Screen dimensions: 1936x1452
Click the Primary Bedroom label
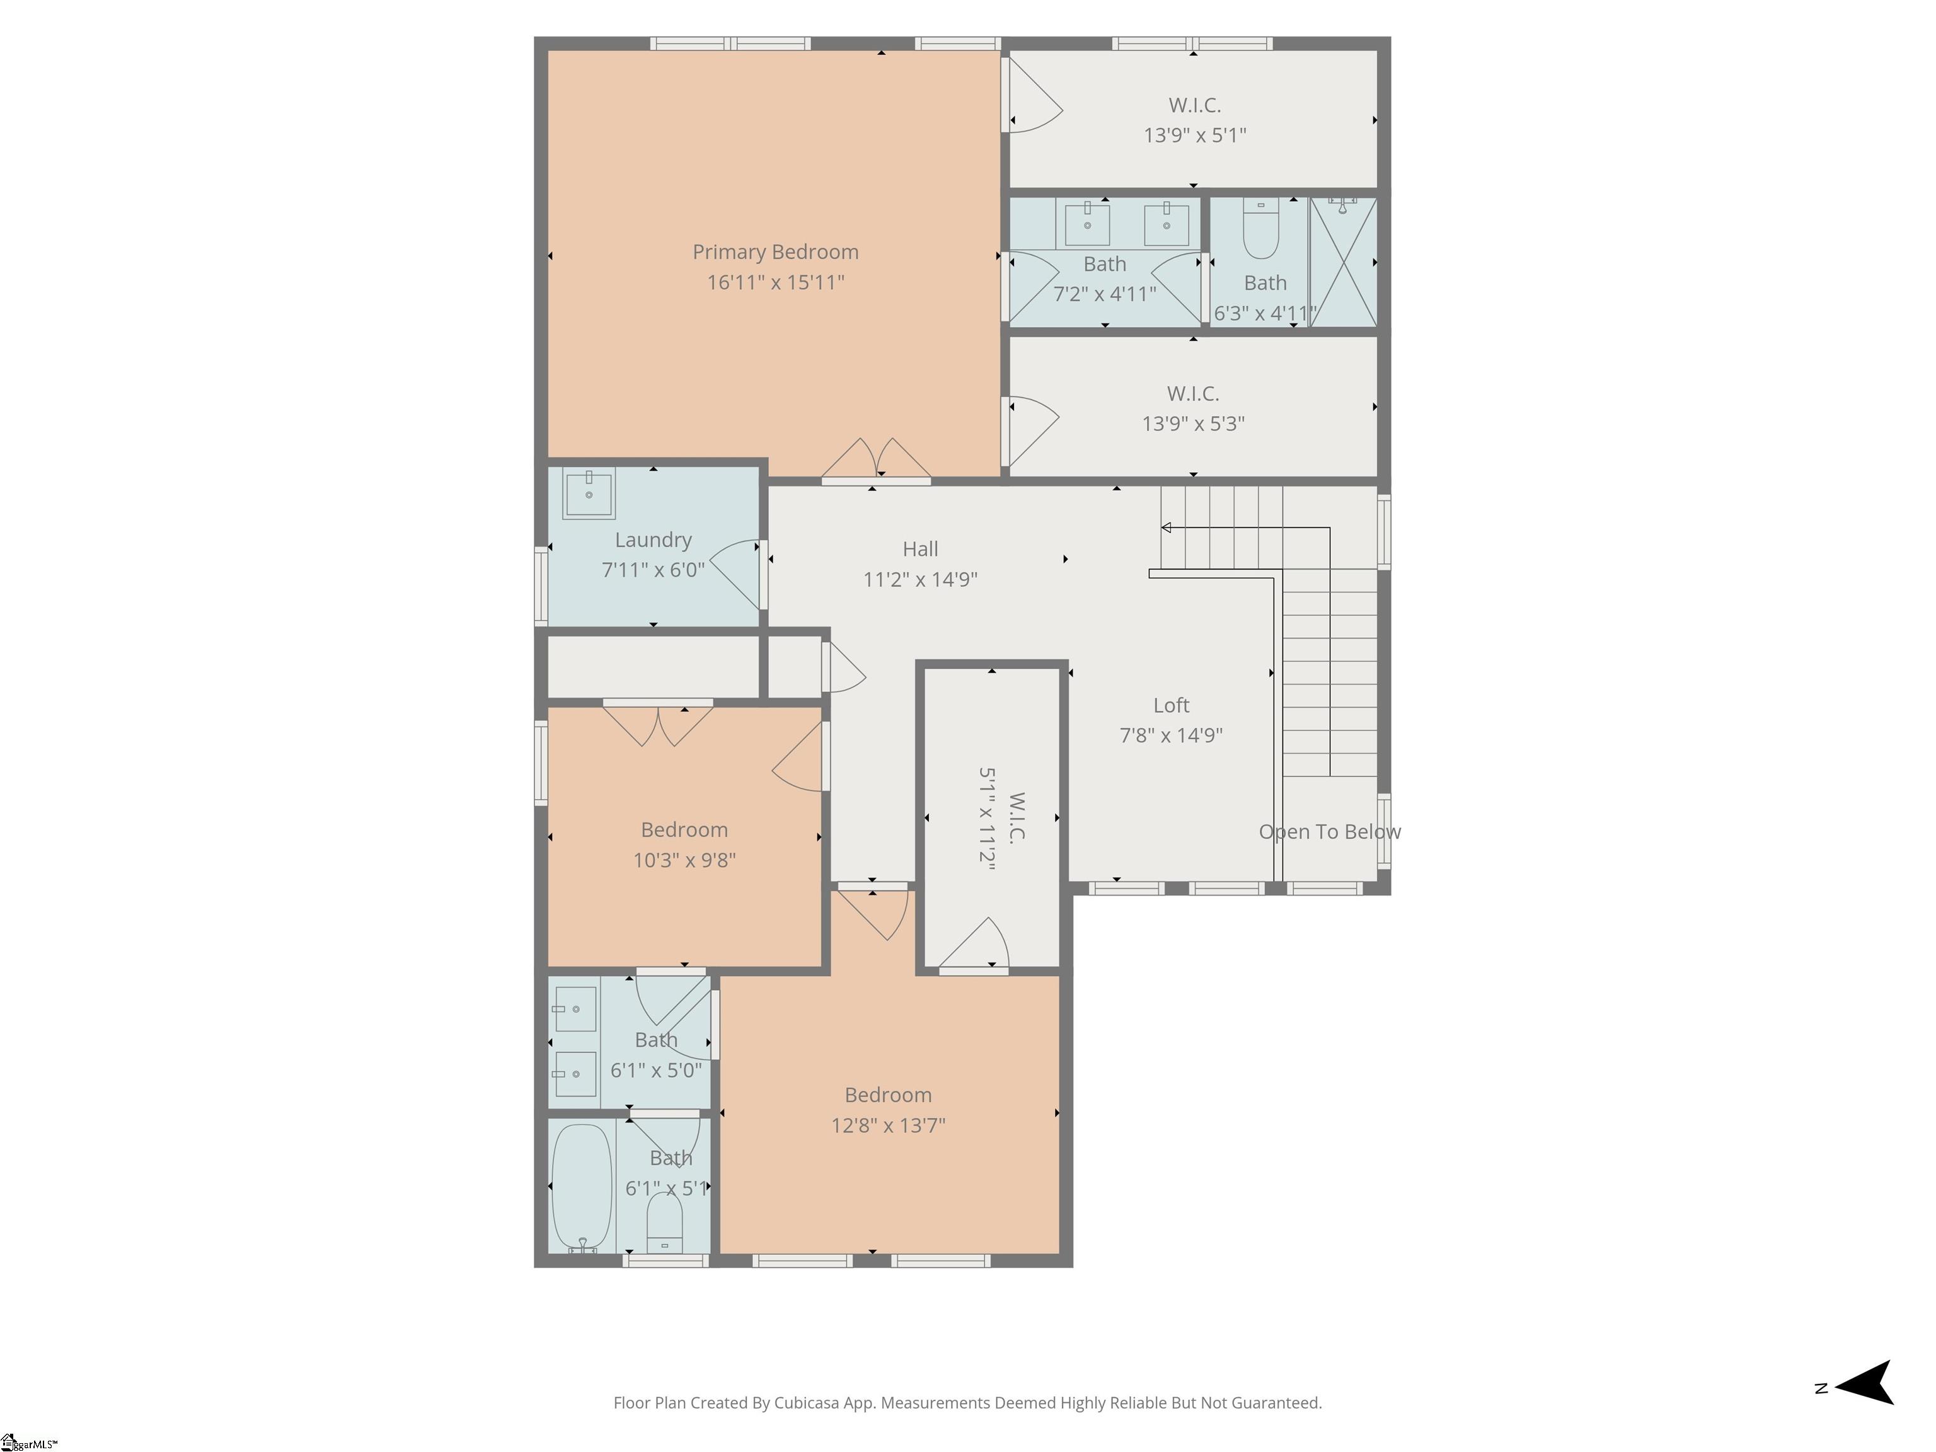(775, 252)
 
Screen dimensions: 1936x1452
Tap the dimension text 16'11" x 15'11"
(775, 282)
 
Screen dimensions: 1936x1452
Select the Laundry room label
(653, 540)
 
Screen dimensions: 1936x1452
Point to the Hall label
(920, 549)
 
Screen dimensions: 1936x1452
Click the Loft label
(1171, 705)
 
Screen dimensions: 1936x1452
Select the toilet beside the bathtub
(664, 1223)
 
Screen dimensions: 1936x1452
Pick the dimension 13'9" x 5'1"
(1195, 135)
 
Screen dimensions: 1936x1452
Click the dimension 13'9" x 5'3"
(1193, 423)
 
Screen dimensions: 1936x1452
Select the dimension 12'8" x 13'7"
(889, 1125)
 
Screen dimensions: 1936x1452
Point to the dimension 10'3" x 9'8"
(684, 860)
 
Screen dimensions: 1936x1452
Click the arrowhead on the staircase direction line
(1166, 527)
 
